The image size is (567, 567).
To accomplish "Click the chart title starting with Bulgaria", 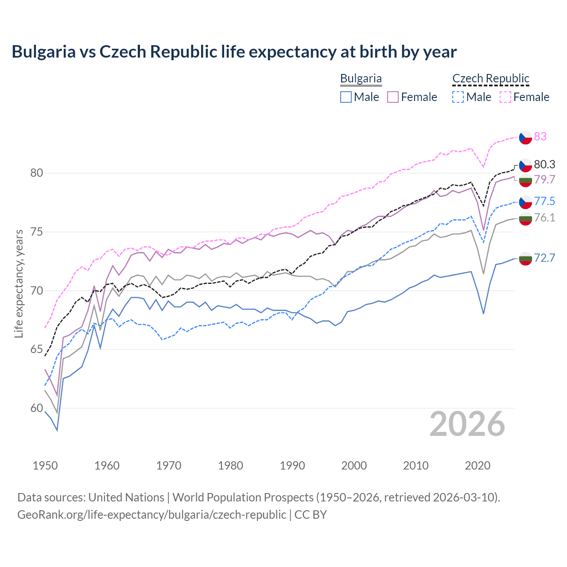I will tap(234, 52).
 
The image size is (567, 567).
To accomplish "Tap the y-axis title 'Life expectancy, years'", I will tap(19, 283).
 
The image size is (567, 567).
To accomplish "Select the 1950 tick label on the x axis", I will tap(45, 466).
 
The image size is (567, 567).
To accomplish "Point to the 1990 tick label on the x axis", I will tap(292, 466).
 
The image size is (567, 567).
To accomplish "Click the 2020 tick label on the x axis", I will tap(478, 466).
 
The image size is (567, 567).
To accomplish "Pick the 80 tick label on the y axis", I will tap(36, 173).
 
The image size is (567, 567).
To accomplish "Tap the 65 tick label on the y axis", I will tap(36, 350).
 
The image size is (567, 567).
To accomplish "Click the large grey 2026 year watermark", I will tap(467, 424).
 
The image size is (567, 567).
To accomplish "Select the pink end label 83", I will tap(540, 136).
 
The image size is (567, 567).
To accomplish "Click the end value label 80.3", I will tap(544, 165).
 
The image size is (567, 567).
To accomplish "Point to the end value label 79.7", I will tap(544, 179).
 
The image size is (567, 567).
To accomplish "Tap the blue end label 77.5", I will tap(544, 202).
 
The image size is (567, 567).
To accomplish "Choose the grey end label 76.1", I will tap(544, 217).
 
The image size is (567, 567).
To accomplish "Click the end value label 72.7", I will tap(544, 258).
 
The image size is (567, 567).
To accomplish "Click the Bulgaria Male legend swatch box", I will tap(346, 97).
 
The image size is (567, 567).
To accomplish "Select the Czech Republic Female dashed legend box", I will tap(505, 97).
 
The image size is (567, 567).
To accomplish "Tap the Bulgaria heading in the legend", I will tap(361, 78).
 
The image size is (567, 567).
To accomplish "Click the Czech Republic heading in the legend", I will tap(491, 78).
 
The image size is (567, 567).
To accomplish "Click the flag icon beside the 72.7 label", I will tap(525, 258).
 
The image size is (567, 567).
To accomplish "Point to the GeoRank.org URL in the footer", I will tap(151, 515).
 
